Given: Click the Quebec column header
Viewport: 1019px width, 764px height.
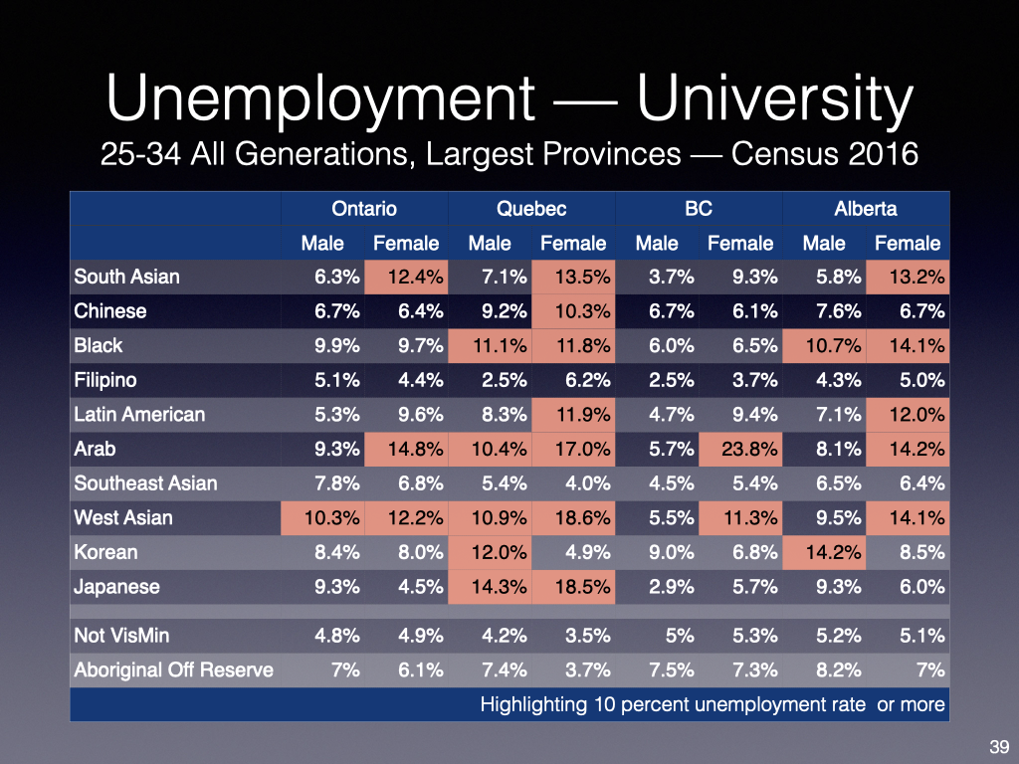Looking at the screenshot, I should [x=531, y=209].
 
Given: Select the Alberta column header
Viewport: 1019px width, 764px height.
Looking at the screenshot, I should [x=865, y=209].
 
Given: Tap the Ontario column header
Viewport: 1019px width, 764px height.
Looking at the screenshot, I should [x=364, y=209].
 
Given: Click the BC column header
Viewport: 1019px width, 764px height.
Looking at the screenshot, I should [x=699, y=209].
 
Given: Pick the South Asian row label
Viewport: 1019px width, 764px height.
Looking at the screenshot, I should [x=126, y=277].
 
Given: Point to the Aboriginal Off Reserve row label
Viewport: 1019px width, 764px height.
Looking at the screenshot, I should [x=173, y=669].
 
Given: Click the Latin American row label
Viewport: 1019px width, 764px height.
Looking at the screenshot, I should [x=138, y=415].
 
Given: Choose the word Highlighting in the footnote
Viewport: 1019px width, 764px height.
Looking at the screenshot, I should [x=536, y=705].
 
